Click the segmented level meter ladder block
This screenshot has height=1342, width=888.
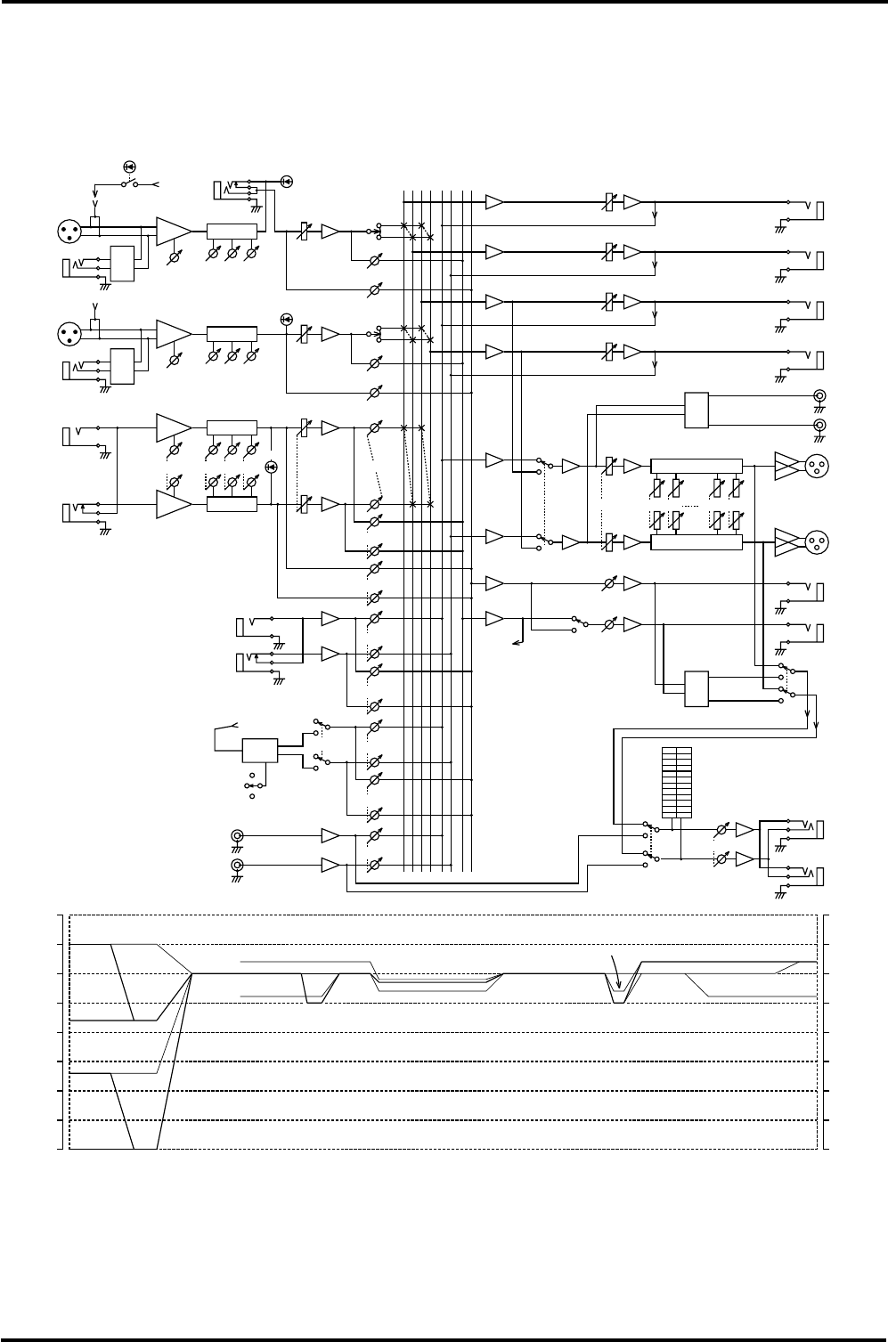(x=677, y=783)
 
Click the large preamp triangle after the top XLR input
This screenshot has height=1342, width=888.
(x=173, y=231)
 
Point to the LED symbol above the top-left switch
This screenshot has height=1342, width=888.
(x=129, y=167)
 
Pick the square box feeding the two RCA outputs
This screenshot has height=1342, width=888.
(x=697, y=409)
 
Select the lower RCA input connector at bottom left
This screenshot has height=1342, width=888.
(x=237, y=865)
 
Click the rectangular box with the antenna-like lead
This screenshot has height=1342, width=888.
(x=260, y=750)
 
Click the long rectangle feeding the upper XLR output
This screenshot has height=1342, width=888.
(x=696, y=466)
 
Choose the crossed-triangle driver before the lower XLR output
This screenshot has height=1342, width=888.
(x=786, y=541)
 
